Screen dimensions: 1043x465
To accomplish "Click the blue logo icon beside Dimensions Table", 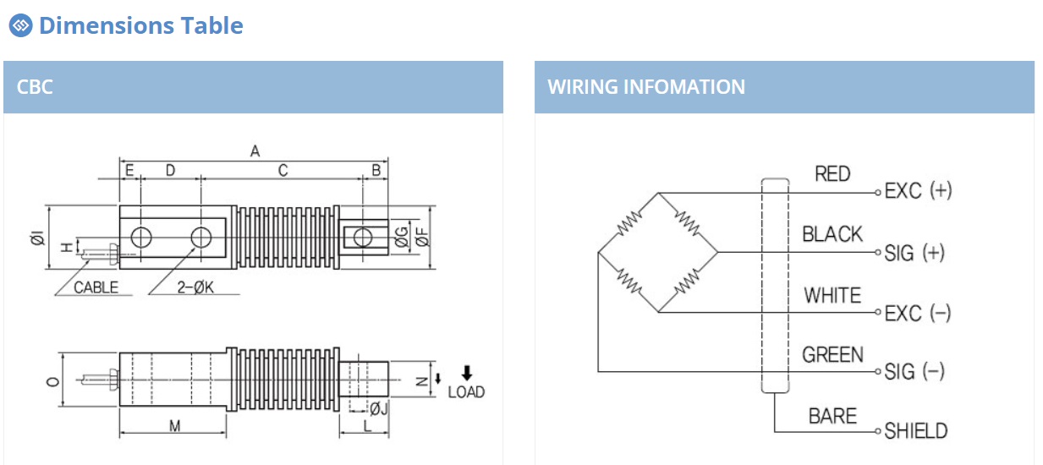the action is point(21,25).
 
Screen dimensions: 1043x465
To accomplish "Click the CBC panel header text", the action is point(35,87).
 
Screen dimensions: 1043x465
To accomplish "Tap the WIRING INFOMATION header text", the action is point(646,87).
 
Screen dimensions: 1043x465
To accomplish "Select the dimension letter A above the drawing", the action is point(255,150).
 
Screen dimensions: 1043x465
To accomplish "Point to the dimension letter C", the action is point(283,171).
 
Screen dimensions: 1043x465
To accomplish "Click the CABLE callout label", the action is point(96,287).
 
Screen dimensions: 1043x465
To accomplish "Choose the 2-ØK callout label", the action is point(195,287).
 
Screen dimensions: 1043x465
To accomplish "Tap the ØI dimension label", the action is point(38,238).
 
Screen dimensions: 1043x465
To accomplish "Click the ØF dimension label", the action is point(422,237).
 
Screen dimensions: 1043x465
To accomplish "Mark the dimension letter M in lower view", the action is point(174,425).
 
